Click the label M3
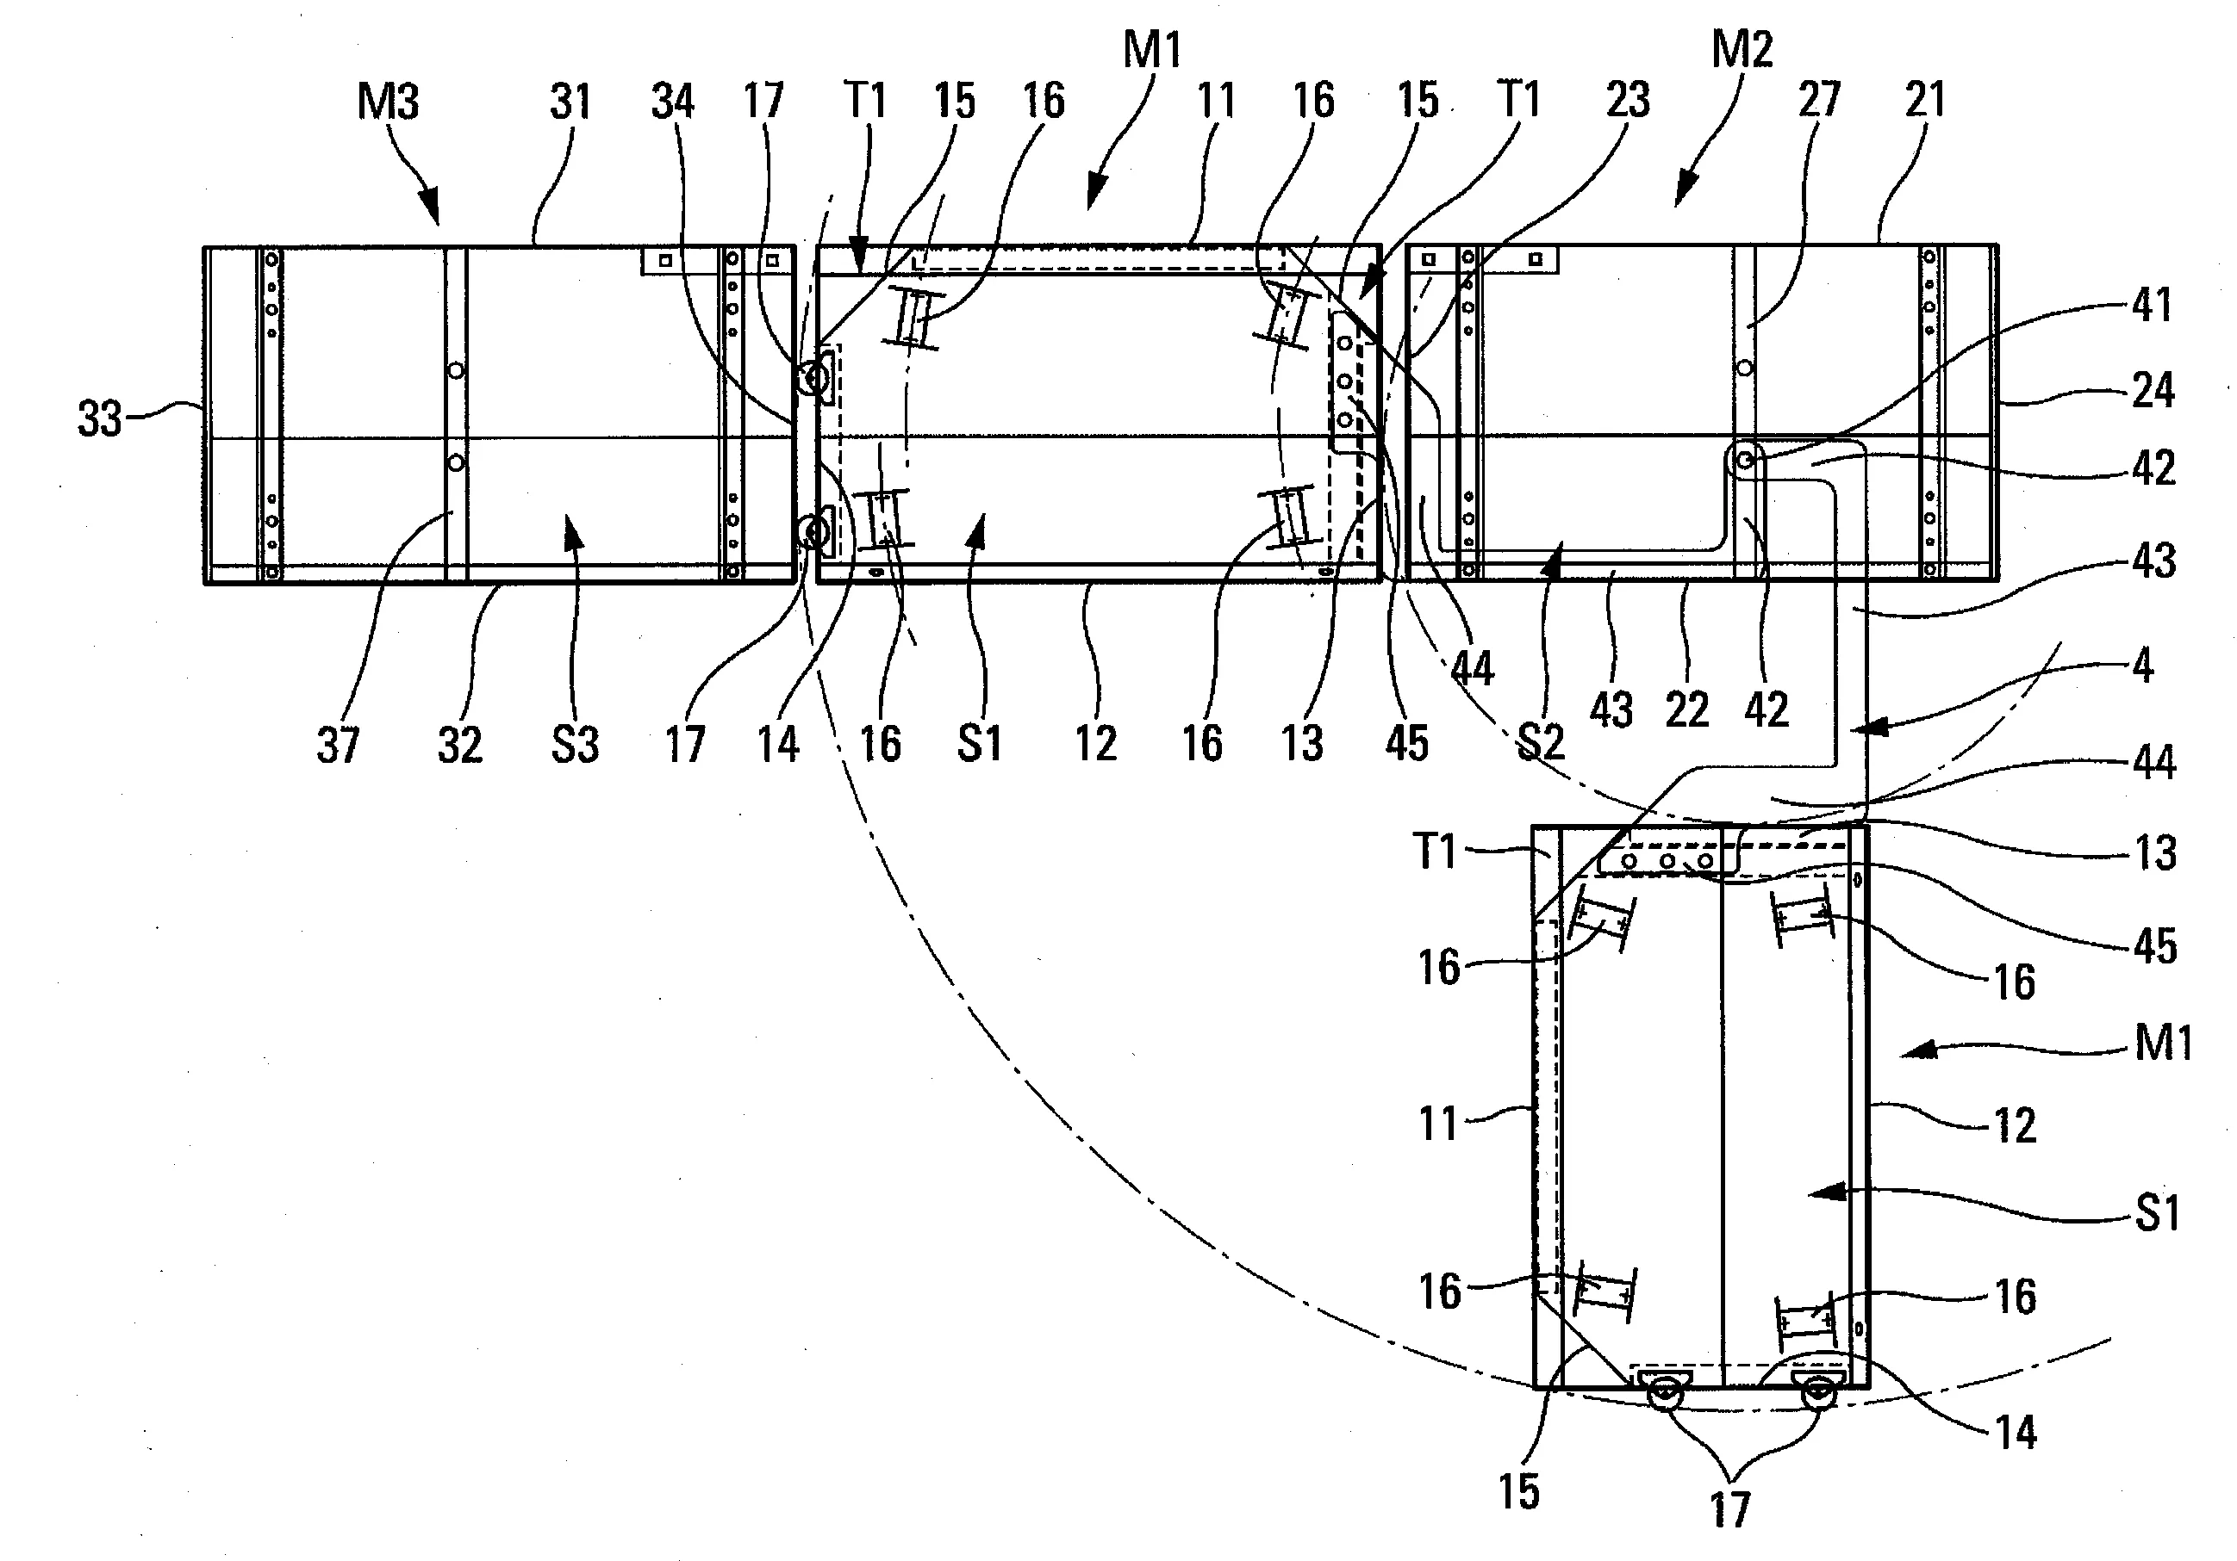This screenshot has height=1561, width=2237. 388,102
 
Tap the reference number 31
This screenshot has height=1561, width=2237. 570,102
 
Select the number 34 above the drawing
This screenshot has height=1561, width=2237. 672,102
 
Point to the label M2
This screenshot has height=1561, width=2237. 1742,49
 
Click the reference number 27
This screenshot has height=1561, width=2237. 1819,99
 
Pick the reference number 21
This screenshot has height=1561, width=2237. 1924,99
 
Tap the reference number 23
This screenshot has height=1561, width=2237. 1628,99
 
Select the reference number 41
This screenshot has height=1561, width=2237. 2153,305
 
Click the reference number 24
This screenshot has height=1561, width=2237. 2153,391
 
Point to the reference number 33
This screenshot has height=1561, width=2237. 99,419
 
